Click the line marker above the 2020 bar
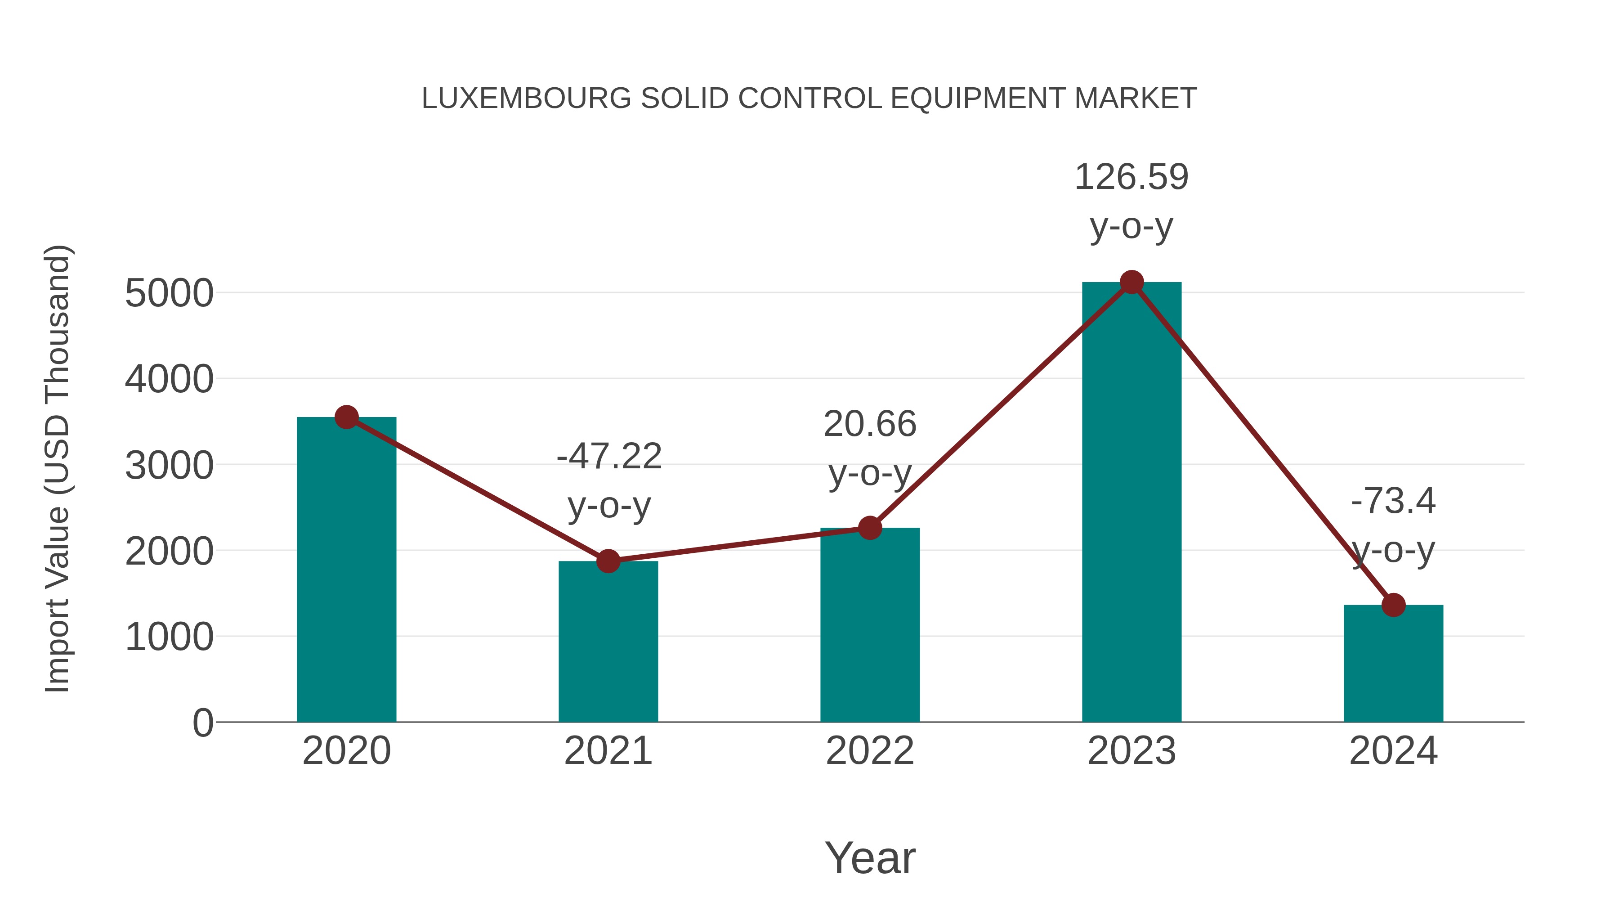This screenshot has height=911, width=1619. tap(346, 417)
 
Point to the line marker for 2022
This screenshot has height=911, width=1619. tap(869, 528)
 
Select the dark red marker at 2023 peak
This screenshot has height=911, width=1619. tap(1132, 282)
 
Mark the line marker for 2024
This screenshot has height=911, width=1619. tap(1393, 605)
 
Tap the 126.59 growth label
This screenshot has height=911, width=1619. tap(1132, 177)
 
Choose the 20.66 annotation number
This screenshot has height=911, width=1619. tap(869, 424)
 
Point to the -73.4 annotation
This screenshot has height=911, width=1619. tap(1393, 501)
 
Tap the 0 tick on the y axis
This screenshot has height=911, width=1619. tap(202, 723)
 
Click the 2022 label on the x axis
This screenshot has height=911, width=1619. tap(869, 751)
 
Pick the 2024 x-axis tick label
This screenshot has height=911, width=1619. tap(1393, 751)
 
